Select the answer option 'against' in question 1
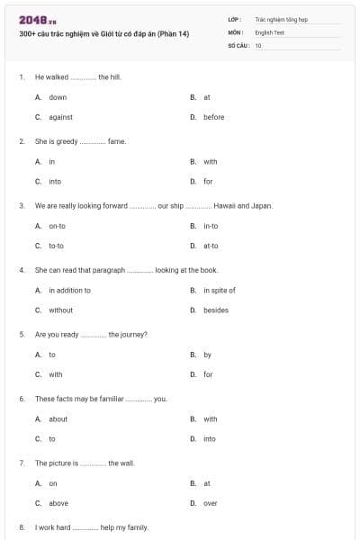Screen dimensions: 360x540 pos(60,117)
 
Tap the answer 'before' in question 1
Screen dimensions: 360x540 pos(213,117)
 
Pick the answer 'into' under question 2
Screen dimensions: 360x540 pos(55,182)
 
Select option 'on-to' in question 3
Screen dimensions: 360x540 pos(57,226)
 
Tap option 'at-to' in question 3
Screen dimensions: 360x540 pos(211,246)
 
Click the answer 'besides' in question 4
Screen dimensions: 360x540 pos(216,310)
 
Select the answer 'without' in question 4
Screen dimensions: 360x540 pos(60,310)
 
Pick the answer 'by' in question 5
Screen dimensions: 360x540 pos(207,355)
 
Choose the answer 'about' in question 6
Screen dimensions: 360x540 pos(58,418)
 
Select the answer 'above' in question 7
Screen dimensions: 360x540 pos(58,503)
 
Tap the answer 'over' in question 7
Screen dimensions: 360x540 pos(210,503)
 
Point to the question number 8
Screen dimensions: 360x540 pos(21,527)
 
